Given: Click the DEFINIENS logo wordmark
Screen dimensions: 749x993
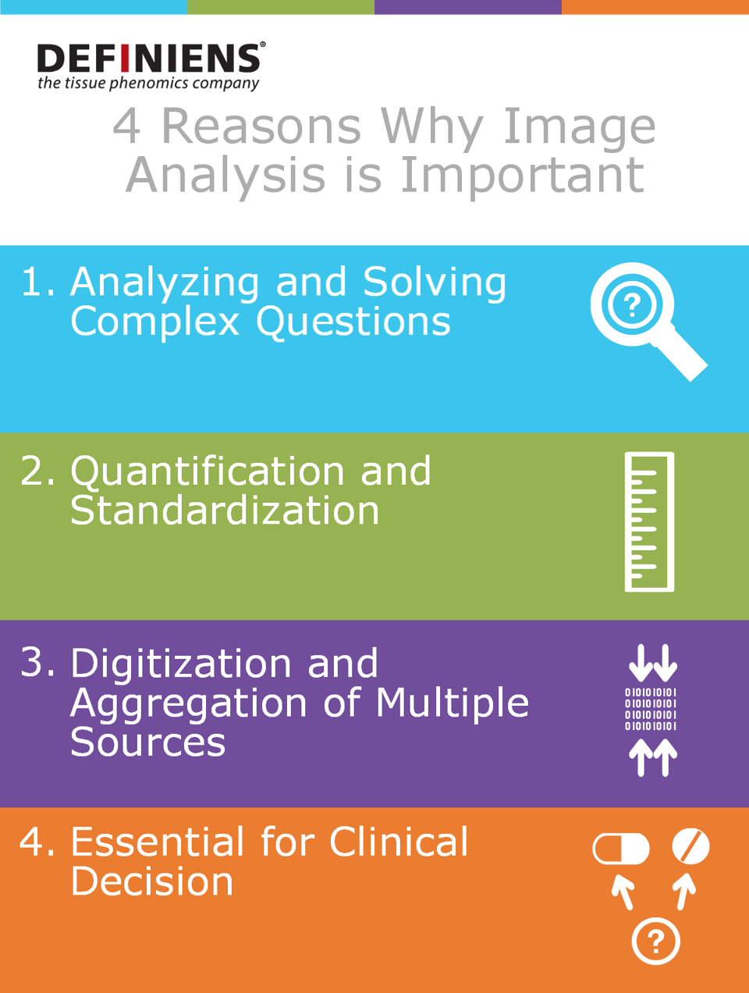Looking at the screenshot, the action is (150, 58).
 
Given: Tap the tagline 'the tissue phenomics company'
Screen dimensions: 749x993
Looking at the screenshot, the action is (148, 84).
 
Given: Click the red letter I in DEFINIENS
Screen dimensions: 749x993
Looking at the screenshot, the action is (125, 58).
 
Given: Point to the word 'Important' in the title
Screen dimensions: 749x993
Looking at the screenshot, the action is (522, 175).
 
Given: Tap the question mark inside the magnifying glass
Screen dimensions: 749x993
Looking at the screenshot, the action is (632, 305).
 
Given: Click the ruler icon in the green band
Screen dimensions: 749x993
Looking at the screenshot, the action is (649, 521).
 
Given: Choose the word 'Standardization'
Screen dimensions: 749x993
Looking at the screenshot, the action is (225, 511).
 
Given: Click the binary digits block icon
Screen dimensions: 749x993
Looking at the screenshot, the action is (651, 709).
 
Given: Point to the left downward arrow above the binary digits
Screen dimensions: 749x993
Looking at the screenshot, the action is (641, 663).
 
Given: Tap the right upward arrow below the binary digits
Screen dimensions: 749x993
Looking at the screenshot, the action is (666, 758).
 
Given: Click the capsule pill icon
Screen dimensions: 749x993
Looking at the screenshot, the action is (620, 849).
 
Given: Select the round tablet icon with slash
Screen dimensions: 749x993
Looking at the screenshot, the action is (690, 846).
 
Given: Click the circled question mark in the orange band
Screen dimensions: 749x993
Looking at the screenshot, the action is (655, 941).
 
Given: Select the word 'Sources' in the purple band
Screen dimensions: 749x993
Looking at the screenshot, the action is (147, 743).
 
